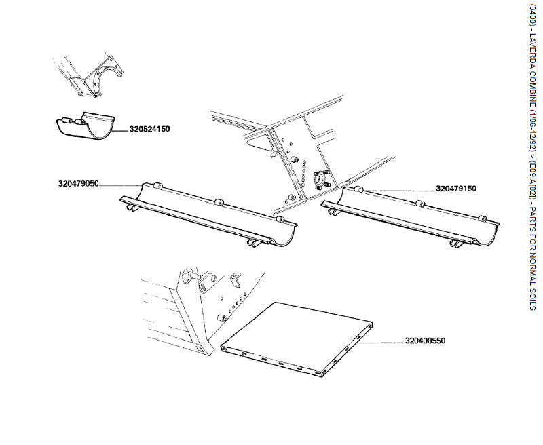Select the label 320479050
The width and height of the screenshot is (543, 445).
click(x=79, y=183)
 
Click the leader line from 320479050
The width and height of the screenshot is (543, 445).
click(x=122, y=184)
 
